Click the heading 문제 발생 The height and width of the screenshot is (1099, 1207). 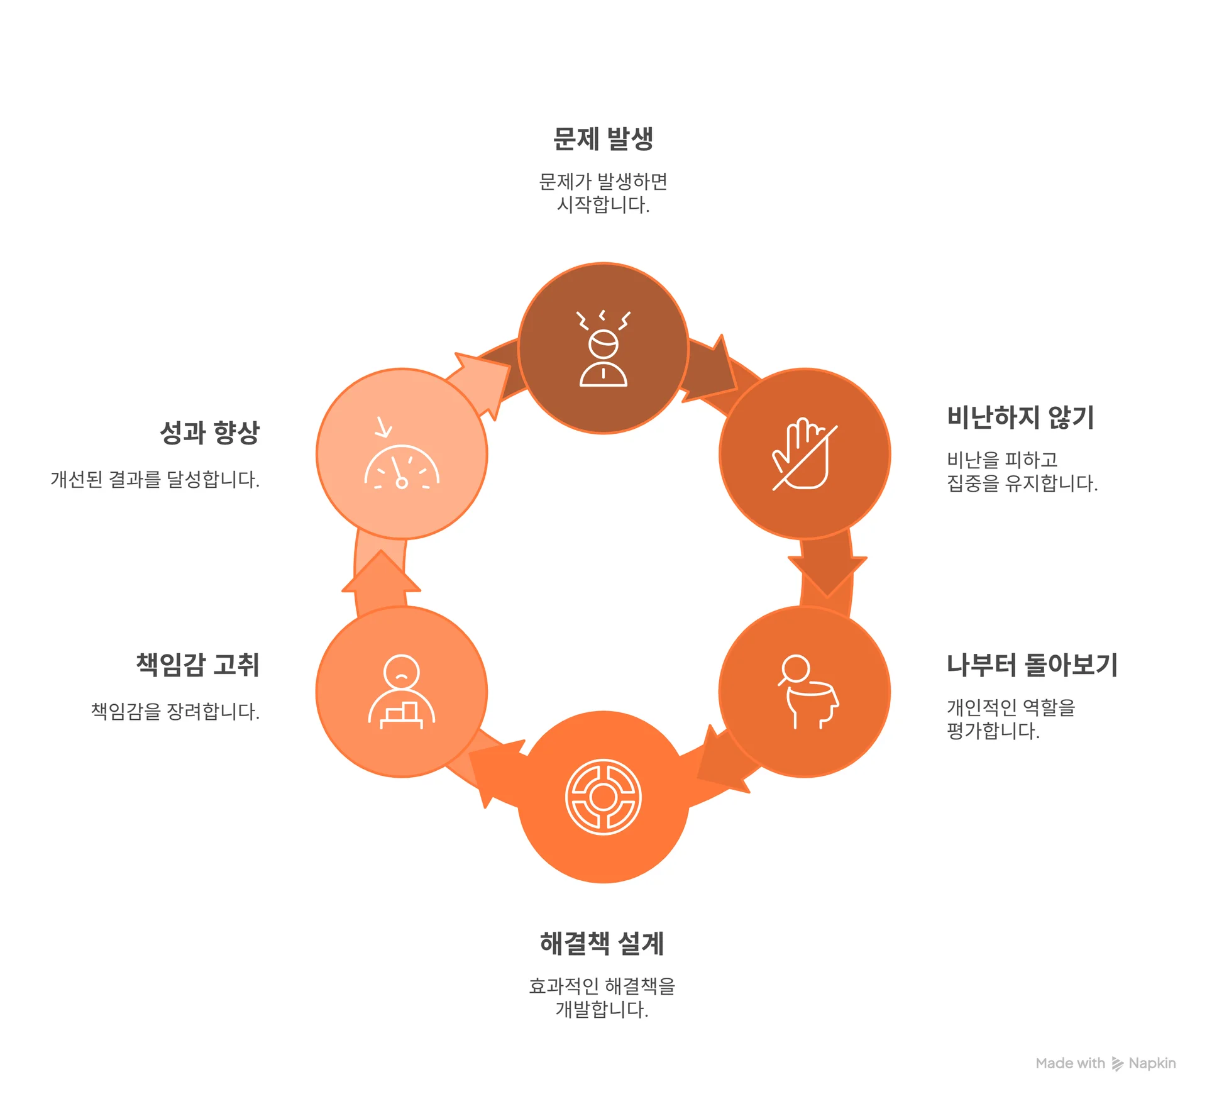603,139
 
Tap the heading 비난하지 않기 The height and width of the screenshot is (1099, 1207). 1021,417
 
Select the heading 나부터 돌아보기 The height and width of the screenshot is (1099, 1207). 1032,665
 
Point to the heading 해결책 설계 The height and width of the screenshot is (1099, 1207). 602,943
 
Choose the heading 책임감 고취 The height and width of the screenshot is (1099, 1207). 198,665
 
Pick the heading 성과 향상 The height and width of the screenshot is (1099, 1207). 209,433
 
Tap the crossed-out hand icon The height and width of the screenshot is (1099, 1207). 805,453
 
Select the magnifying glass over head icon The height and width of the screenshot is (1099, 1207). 808,692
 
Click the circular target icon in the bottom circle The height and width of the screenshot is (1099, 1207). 603,797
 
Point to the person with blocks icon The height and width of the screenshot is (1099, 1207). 402,692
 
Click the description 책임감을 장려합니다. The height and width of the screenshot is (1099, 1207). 175,712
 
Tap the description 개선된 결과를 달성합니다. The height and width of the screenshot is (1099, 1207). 155,480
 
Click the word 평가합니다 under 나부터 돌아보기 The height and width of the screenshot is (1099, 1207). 993,731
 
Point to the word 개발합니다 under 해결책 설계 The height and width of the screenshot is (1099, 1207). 602,1009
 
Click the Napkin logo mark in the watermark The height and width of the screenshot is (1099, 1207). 1117,1063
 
